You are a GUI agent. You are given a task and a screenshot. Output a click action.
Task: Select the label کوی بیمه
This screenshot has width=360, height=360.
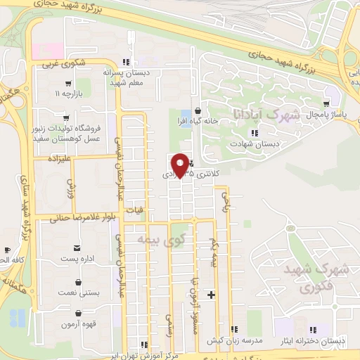162,243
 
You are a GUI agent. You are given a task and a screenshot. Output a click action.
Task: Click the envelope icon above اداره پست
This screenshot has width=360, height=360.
77,248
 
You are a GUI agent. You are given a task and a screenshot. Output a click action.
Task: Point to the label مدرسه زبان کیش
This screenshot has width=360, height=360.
234,340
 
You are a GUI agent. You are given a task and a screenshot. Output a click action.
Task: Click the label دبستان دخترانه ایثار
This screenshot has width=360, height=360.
312,340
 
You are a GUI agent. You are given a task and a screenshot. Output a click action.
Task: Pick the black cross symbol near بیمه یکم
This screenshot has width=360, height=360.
211,294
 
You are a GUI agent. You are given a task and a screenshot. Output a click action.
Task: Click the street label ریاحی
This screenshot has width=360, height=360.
226,202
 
